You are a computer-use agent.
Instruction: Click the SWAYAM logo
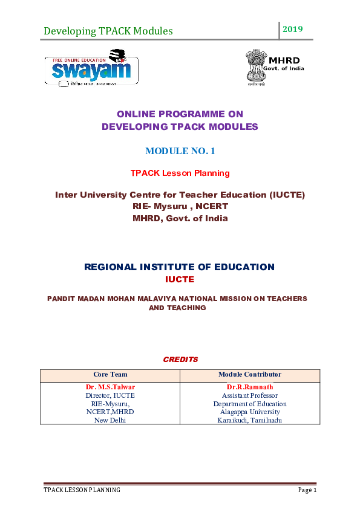pos(91,70)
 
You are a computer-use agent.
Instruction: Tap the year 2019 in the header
pos(293,29)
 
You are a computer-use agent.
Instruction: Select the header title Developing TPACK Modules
pos(108,31)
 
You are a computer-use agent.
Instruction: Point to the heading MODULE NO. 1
pos(180,151)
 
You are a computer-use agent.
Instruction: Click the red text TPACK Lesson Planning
pos(180,173)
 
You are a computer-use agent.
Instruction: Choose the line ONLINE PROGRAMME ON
pos(180,114)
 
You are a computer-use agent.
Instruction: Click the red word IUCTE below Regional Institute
pos(179,279)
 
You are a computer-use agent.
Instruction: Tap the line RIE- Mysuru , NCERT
pos(180,206)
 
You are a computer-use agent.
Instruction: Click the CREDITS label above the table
pos(180,360)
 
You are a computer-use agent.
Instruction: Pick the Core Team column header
pos(110,375)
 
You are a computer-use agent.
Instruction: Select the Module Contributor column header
pos(250,375)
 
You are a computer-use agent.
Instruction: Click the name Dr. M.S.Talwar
pos(110,387)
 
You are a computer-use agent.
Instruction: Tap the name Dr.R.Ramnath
pos(250,387)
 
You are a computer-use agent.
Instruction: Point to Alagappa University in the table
pos(250,412)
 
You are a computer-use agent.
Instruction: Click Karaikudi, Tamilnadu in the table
pos(250,420)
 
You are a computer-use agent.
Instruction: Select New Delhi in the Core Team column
pos(110,420)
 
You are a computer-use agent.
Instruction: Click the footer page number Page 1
pos(307,490)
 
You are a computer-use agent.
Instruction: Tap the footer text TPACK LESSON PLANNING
pos(82,490)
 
